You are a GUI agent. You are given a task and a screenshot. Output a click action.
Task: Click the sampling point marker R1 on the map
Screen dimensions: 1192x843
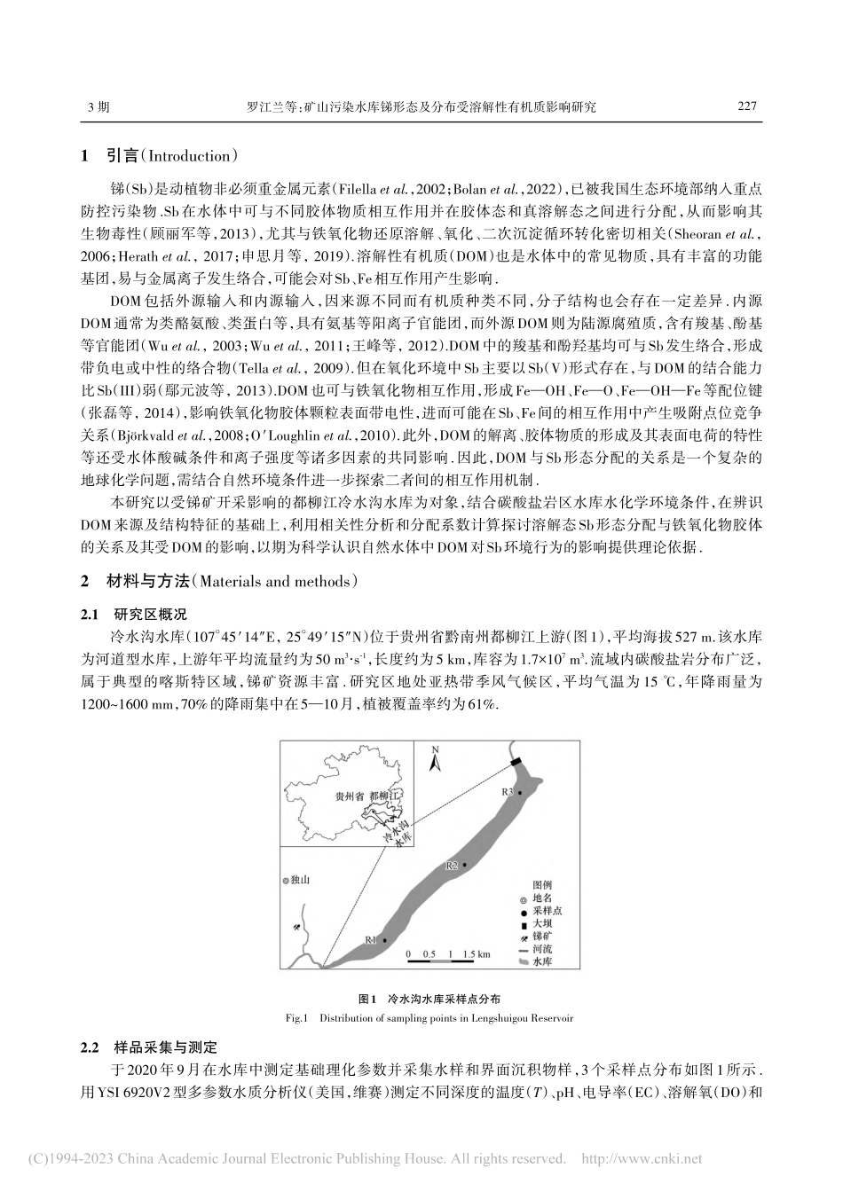[384, 939]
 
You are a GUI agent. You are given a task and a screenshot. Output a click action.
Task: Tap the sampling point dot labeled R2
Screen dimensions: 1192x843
[463, 865]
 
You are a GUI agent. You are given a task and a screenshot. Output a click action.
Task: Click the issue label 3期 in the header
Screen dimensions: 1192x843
[98, 106]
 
